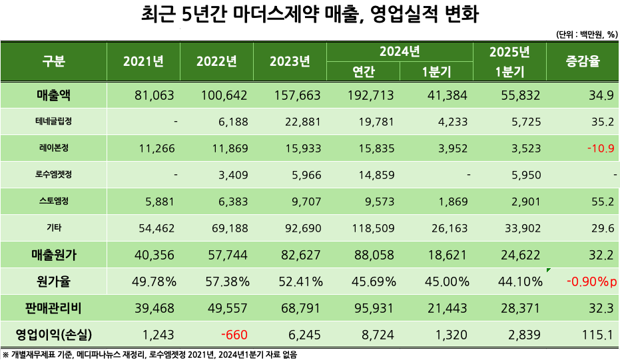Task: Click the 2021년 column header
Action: coord(143,62)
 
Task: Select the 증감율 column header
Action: coord(583,62)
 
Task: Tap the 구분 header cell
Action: coord(54,62)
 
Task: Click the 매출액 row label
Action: coord(54,96)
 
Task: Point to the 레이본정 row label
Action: coord(54,148)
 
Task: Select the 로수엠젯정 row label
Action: coord(54,175)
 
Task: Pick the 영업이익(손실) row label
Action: coord(54,333)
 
